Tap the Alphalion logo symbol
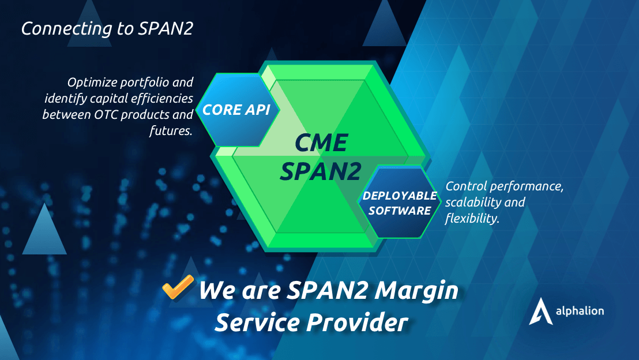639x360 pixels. [x=537, y=312]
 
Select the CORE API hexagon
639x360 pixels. [x=237, y=110]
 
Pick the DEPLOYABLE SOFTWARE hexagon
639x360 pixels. [x=400, y=203]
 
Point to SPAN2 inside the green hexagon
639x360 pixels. [x=321, y=171]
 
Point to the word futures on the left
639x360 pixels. [x=170, y=130]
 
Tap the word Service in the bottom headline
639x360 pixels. [x=258, y=322]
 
